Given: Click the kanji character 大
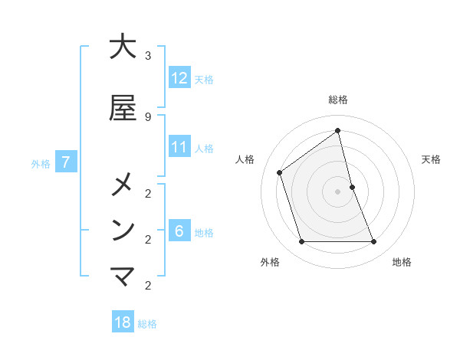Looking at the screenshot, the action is tap(123, 47).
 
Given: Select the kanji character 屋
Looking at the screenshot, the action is tap(123, 108).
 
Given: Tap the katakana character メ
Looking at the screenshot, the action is tap(123, 185).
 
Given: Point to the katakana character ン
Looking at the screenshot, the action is tap(123, 230).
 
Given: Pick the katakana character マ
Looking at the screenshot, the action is tap(123, 277).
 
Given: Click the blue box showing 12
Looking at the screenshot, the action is tap(179, 78).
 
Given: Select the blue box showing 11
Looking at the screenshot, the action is tap(179, 147).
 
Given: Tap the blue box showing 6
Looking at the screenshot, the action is tap(179, 232).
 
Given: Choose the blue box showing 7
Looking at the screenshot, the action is tap(66, 162).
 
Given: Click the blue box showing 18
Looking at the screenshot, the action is tap(123, 322).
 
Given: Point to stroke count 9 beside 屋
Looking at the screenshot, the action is tap(148, 116).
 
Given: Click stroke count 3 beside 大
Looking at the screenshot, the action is tap(148, 56).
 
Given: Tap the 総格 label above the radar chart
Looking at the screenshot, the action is tap(338, 100).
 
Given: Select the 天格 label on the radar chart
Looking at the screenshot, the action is tap(431, 159).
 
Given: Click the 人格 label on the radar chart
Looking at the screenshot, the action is tap(245, 159).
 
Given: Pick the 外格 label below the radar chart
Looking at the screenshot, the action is tap(270, 262).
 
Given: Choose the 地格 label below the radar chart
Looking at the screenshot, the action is tap(402, 262).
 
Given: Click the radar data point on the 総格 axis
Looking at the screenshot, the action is tap(338, 131).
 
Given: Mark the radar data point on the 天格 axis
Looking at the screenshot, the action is tap(352, 187).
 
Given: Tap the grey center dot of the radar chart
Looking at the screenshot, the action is tap(338, 191).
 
